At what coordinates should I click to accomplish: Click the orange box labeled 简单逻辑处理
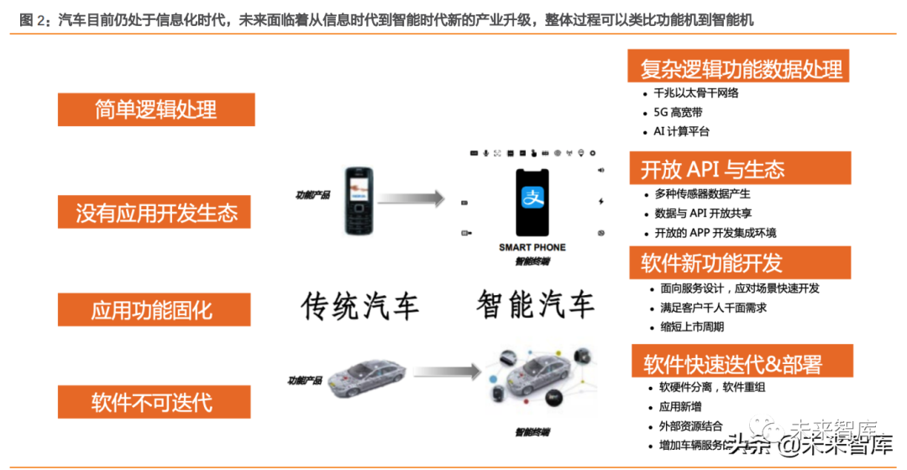coord(156,109)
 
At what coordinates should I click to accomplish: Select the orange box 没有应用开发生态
coord(156,212)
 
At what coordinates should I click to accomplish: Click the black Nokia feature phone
coord(355,201)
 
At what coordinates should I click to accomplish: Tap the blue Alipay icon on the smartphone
coord(532,199)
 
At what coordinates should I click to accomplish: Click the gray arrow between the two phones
coord(411,199)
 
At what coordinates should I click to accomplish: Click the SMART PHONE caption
coord(532,247)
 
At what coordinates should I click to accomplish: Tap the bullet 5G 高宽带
coord(678,112)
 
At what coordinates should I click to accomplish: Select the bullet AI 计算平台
coord(681,131)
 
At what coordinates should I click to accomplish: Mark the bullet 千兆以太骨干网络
coord(696,92)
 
